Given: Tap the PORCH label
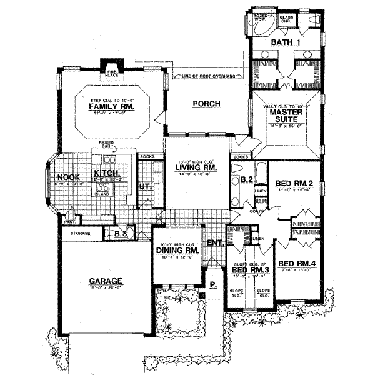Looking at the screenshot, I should click(207, 104).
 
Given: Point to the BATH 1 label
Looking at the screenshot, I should click(284, 42).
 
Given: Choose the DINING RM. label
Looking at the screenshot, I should click(177, 250).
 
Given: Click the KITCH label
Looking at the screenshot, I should click(103, 172).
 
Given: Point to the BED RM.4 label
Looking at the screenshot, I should click(299, 263).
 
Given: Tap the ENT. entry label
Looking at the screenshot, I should click(214, 242).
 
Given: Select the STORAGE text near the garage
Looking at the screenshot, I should click(79, 233).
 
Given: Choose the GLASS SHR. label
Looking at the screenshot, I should click(286, 17).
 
